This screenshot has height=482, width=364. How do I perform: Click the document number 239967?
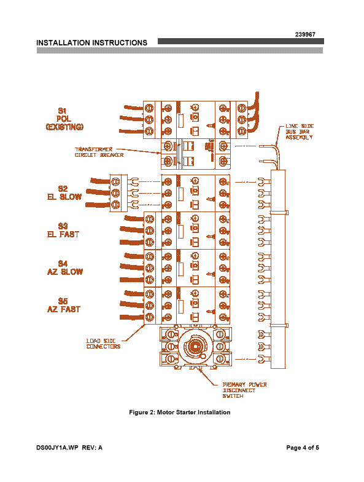[x=305, y=34]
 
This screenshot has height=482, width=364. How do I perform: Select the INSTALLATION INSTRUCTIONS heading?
[x=92, y=43]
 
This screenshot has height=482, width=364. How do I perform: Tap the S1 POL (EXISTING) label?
[x=64, y=119]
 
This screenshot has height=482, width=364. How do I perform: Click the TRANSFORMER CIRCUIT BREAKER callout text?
[x=99, y=152]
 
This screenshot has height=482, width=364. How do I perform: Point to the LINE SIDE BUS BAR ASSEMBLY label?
[x=300, y=132]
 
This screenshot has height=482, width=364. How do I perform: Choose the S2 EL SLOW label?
[x=64, y=193]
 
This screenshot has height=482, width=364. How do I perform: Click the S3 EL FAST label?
[x=63, y=230]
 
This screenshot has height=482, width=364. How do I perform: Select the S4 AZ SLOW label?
[x=65, y=268]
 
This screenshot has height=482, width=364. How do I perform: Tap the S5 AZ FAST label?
[x=64, y=305]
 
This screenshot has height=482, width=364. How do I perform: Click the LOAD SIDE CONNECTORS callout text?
[x=103, y=344]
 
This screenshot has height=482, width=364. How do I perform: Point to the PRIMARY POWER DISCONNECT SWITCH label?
[x=244, y=390]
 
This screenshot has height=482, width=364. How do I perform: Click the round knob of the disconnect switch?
[x=194, y=347]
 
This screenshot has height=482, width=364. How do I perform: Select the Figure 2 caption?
[x=179, y=412]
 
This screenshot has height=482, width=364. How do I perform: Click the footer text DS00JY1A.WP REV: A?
[x=69, y=448]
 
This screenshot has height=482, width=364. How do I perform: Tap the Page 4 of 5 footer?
[x=303, y=448]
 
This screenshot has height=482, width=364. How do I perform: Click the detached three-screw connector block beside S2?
[x=119, y=193]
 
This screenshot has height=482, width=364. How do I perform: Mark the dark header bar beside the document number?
[x=241, y=41]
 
